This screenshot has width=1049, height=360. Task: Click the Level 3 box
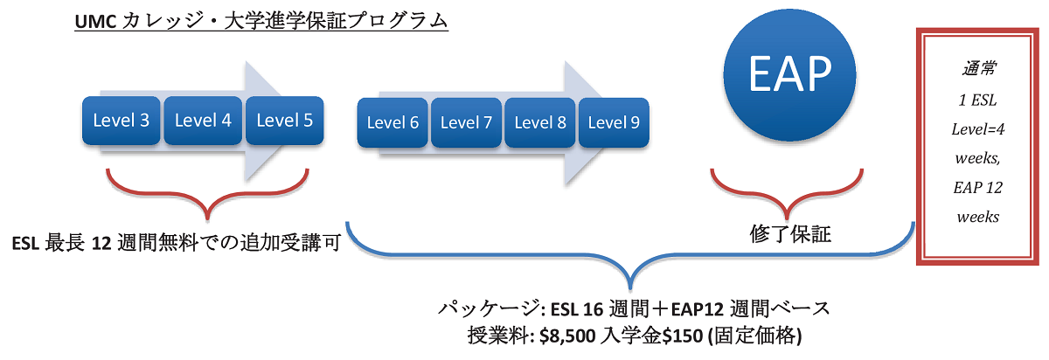(122, 121)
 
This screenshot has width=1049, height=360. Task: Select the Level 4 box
(203, 121)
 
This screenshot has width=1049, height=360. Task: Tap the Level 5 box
(285, 121)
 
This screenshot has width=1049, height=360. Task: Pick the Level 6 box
(393, 122)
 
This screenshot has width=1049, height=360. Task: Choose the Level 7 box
(467, 122)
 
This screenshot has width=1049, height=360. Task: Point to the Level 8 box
(540, 122)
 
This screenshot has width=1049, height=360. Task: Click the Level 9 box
(614, 122)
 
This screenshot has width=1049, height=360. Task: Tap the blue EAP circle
(790, 75)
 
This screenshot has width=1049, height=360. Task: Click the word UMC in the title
(95, 22)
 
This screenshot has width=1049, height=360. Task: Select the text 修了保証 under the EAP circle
(790, 234)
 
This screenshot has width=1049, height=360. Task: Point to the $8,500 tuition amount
(567, 336)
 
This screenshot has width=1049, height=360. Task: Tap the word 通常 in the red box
(979, 69)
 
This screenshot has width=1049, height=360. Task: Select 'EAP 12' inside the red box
(978, 188)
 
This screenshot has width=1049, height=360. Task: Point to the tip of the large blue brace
(630, 289)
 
